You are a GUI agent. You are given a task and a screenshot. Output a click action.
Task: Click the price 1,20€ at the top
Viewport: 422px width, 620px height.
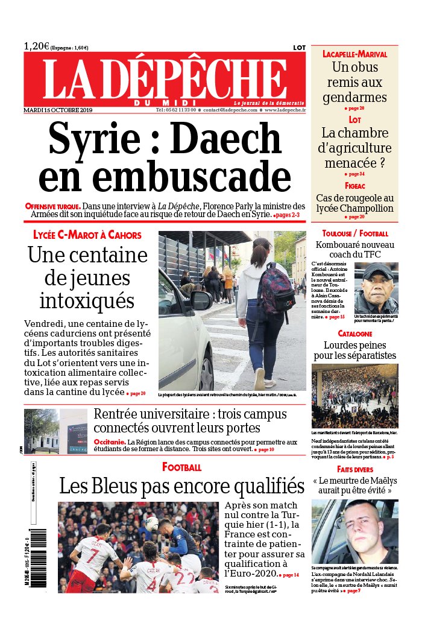36,46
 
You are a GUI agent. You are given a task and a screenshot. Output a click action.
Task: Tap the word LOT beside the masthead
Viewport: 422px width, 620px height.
299,47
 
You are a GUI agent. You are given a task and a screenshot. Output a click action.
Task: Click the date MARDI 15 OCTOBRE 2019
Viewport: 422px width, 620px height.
57,110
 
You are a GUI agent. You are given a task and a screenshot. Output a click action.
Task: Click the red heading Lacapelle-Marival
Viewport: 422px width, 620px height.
354,54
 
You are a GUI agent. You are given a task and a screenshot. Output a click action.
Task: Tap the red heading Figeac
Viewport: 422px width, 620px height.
355,186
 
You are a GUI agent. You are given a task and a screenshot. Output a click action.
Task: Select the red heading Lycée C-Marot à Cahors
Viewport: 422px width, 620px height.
87,235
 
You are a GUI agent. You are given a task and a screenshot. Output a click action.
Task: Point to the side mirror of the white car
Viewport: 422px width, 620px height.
200,300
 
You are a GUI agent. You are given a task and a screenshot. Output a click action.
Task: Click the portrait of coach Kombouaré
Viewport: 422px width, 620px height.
376,288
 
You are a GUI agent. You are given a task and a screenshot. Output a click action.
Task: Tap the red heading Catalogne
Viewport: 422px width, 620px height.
354,334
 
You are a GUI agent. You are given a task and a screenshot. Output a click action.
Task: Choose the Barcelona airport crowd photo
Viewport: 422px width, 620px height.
354,396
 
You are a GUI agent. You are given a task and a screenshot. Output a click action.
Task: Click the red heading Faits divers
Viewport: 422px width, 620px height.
354,469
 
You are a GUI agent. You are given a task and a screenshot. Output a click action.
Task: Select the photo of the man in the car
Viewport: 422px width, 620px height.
354,531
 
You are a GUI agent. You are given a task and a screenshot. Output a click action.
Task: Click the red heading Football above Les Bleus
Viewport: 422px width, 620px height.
181,467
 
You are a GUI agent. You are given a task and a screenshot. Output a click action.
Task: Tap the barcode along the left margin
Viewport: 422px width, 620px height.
40,560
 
